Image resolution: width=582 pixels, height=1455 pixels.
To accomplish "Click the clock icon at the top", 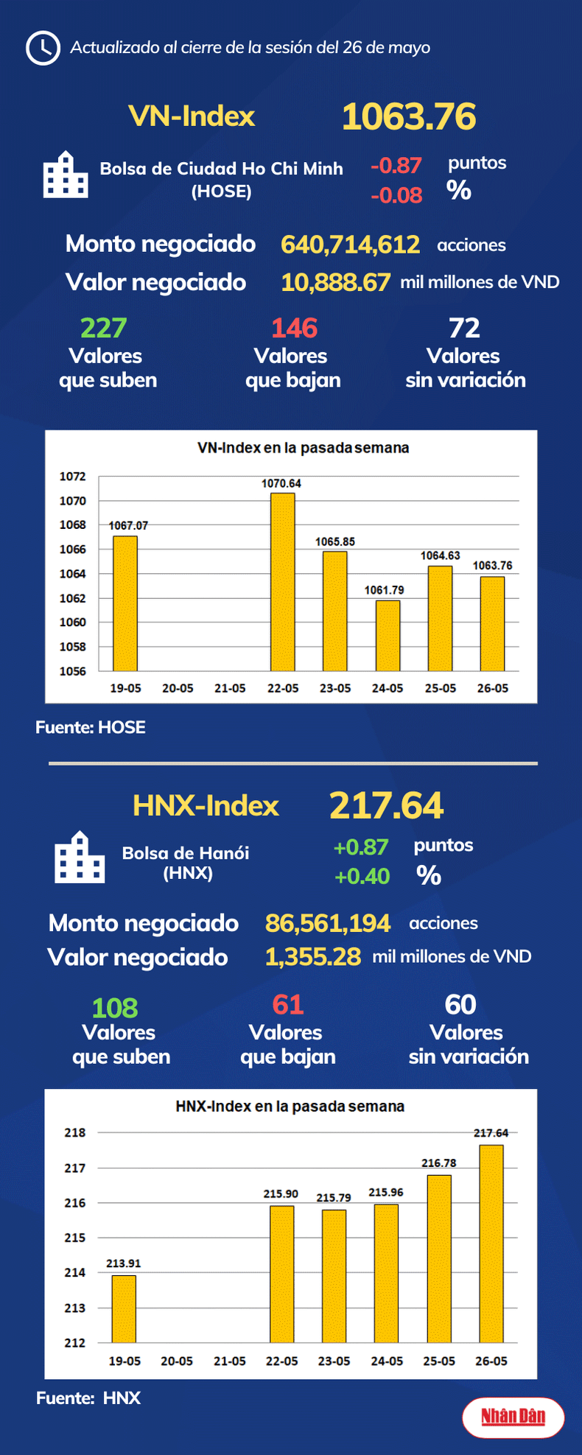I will pos(43,48).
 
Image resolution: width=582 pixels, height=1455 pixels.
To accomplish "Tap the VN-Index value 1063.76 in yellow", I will pos(409,116).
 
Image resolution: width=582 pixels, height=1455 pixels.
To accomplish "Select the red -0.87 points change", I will pos(396,165).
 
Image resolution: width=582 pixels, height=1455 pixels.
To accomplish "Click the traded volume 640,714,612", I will pos(350,245).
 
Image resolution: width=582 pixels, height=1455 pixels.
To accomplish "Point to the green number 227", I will pos(103,328).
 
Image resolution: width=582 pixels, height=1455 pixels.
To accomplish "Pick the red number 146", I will pos(294,328).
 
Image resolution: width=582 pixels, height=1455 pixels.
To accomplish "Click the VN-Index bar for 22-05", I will pos(282,582).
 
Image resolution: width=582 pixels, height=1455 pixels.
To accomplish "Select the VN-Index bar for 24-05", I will pos(388,635).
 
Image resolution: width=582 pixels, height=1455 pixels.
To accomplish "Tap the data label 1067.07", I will pos(128,525).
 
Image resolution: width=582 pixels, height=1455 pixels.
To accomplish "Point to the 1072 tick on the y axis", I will pos(72,477).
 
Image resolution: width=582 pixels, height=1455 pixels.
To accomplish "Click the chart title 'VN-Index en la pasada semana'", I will pos(303,448).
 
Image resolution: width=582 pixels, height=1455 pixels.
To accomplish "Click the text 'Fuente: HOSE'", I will pos(91,728).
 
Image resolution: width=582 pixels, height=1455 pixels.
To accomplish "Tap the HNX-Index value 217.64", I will pos(386,805).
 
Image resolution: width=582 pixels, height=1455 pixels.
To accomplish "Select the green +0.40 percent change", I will pos(362,876).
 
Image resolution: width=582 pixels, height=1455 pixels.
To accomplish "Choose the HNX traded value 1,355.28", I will pos(312,957).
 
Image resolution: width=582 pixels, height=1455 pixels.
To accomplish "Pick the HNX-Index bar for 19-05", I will pos(124,1309).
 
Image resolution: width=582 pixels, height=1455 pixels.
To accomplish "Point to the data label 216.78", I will pos(438,1163).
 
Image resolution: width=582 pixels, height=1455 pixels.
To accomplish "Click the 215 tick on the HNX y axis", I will pos(74,1238).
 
